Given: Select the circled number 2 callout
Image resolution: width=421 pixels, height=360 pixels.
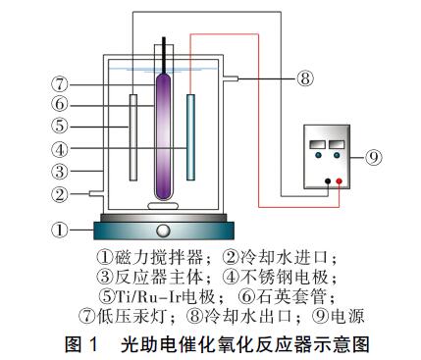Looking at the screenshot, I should pyautogui.click(x=58, y=194).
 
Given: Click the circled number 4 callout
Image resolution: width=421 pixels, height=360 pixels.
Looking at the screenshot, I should pyautogui.click(x=58, y=150).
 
